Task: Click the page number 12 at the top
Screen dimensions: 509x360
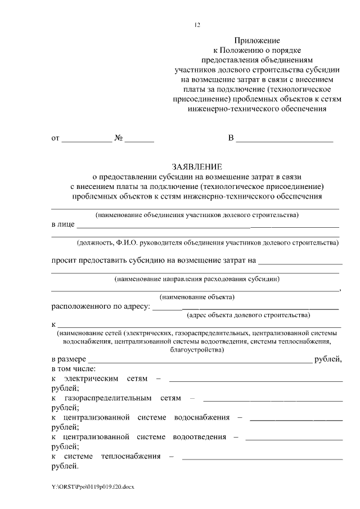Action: pos(196,25)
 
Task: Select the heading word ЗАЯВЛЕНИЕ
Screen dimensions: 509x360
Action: pos(197,166)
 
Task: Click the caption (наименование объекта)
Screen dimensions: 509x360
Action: pos(197,297)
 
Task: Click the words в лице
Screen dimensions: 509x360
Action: pos(63,224)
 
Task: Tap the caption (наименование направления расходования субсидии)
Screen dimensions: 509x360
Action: pos(197,279)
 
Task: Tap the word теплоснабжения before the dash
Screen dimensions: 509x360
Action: pos(130,456)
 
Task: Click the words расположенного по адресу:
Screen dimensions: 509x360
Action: pos(100,307)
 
